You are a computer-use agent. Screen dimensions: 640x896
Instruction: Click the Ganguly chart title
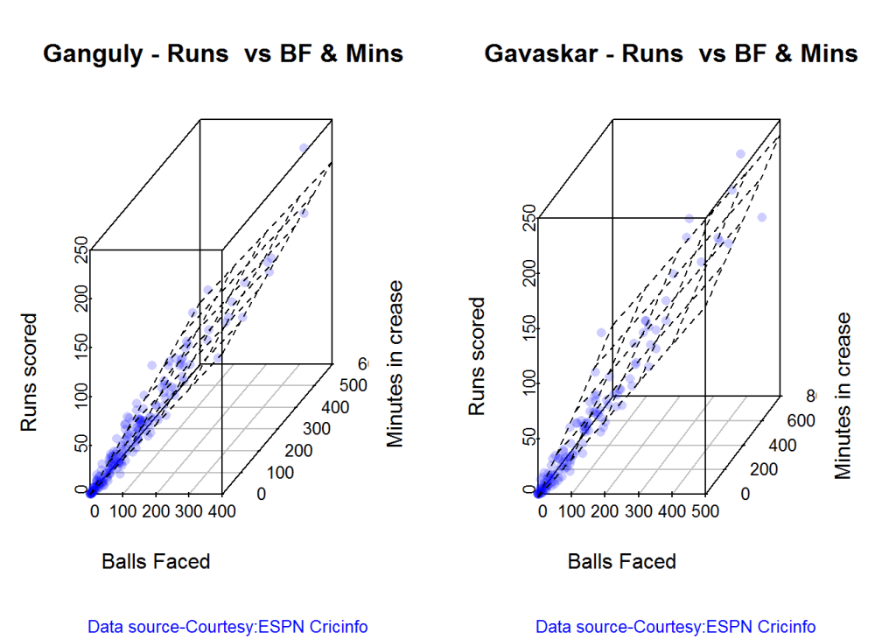tap(223, 54)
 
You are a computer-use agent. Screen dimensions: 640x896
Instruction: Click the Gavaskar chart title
tap(671, 54)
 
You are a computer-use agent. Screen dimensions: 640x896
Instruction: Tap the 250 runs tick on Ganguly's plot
tap(81, 250)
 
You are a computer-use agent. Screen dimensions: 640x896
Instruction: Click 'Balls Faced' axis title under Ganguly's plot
tap(156, 561)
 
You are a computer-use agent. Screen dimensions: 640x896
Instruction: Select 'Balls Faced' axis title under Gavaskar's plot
tap(622, 561)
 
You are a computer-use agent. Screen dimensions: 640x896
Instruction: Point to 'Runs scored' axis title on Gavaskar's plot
tap(477, 356)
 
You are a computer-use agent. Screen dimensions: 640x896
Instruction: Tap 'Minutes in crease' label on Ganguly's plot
tap(396, 363)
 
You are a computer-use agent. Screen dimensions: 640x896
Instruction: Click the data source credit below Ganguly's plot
tap(227, 627)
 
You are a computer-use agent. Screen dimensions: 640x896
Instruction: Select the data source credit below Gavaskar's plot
tap(675, 627)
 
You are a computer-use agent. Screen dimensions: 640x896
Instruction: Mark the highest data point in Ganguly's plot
tap(304, 148)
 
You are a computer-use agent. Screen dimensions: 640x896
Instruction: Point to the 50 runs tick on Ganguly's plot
tap(81, 444)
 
